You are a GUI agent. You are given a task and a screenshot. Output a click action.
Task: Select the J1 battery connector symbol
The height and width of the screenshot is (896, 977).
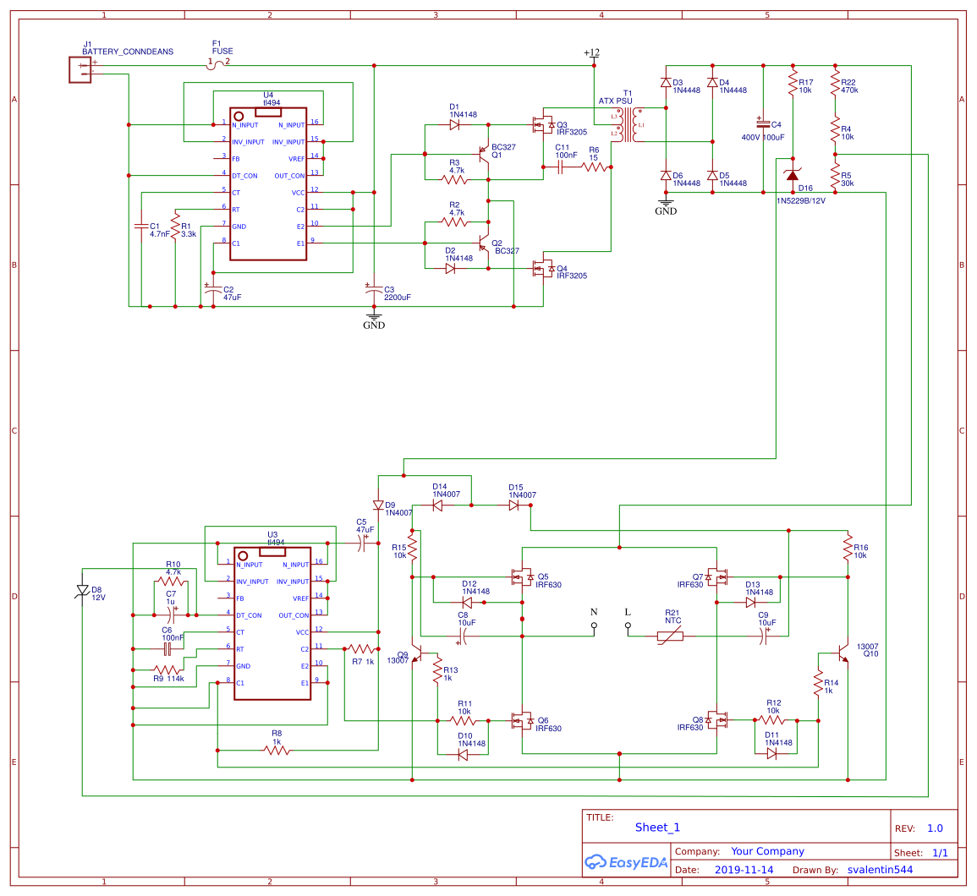[80, 69]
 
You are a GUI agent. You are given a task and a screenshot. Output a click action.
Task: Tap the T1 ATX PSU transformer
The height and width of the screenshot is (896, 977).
[627, 125]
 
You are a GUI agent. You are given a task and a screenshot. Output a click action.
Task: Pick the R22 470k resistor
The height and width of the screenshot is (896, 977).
[835, 85]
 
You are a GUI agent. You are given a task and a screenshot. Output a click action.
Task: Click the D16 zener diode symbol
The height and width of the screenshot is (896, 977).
[793, 174]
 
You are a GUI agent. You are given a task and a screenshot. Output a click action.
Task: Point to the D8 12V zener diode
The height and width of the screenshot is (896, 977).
[83, 591]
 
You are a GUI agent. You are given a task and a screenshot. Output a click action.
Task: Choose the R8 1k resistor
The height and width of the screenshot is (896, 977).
[277, 750]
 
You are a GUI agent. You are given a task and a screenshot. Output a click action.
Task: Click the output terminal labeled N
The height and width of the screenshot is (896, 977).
[594, 626]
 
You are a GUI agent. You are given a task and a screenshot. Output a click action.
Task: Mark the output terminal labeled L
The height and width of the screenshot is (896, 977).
[628, 626]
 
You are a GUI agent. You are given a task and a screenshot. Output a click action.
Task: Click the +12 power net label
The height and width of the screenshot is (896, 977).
[592, 54]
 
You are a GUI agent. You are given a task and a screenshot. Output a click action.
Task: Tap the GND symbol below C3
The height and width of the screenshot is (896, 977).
[373, 320]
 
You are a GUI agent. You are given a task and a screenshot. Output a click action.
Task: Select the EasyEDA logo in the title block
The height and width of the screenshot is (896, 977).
[626, 862]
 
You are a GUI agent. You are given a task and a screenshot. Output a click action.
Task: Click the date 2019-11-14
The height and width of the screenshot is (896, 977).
[744, 870]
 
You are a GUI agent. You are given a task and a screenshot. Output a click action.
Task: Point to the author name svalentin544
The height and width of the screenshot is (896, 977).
[880, 870]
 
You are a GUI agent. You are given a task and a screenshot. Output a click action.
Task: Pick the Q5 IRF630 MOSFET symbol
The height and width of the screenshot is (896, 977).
[522, 577]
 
